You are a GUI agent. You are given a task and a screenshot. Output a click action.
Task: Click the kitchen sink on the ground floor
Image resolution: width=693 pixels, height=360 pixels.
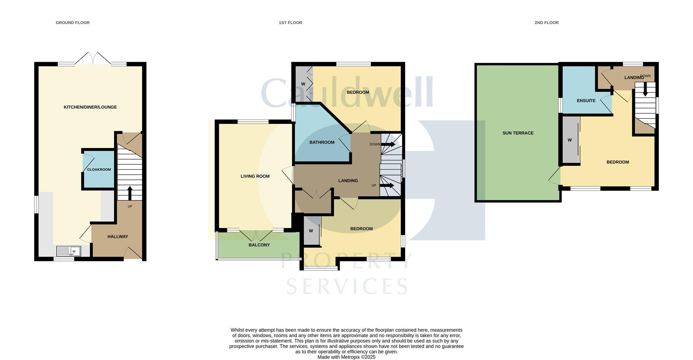coord(69,251)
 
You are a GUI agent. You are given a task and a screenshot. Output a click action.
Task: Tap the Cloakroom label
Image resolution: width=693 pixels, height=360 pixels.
coord(99,169)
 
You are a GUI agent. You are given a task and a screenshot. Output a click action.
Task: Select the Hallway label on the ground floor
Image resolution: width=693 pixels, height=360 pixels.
coord(118,237)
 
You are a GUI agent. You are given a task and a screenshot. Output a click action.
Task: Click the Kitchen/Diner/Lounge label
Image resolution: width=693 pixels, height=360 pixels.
coord(90,107)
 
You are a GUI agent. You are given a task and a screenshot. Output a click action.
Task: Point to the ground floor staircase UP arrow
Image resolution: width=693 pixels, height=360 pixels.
coord(130,193)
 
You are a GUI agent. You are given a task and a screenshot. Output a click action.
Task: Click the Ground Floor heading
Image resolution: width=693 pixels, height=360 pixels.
coord(73,22)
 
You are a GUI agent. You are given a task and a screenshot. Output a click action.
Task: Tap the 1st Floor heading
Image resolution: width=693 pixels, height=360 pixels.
coord(290,22)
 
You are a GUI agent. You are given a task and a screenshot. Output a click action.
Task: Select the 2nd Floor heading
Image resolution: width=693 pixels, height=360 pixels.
coord(546,22)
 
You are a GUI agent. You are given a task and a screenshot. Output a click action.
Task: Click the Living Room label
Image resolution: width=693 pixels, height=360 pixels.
coord(255,176)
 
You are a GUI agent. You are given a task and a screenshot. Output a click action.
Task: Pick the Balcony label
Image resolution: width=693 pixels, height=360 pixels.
coord(259,245)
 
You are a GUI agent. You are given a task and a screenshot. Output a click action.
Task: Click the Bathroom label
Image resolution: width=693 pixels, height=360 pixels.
coord(322,142)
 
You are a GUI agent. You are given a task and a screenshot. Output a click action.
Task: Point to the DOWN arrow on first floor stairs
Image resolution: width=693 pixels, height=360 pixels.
coord(388,144)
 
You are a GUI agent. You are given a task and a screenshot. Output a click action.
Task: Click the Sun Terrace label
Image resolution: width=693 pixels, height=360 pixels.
coord(518,133)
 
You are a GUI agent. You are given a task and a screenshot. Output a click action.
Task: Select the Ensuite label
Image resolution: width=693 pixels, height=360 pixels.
coord(586,101)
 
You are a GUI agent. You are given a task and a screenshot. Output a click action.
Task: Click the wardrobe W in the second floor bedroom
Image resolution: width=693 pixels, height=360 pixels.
coord(570,140)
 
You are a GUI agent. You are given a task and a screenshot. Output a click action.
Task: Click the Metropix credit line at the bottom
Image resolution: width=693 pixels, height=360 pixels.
coord(346,357)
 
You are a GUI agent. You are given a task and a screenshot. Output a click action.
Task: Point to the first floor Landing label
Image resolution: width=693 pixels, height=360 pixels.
coord(348,181)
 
